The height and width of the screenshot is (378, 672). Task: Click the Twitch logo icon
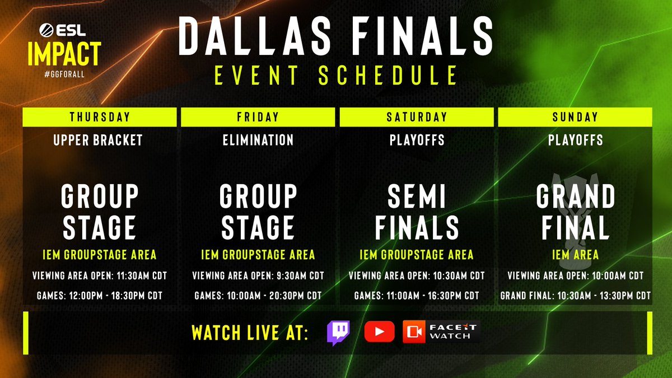pyautogui.click(x=338, y=332)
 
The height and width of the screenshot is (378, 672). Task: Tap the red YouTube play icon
pyautogui.click(x=379, y=332)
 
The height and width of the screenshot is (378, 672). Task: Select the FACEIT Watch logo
pyautogui.click(x=441, y=332)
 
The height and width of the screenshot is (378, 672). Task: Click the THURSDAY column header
pyautogui.click(x=100, y=117)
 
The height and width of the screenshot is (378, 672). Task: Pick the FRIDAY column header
pyautogui.click(x=258, y=117)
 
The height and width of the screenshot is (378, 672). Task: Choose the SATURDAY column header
pyautogui.click(x=417, y=117)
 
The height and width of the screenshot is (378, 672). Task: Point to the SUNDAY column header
pyautogui.click(x=575, y=117)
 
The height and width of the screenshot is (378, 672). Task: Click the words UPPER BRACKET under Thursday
pyautogui.click(x=98, y=140)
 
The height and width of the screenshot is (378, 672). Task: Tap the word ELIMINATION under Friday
pyautogui.click(x=258, y=140)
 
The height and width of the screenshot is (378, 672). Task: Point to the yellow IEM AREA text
pyautogui.click(x=575, y=255)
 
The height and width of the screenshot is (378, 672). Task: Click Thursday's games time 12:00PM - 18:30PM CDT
pyautogui.click(x=99, y=295)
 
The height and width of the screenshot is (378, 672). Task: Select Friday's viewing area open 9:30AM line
pyautogui.click(x=258, y=276)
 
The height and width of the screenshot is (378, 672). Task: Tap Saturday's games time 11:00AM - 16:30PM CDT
pyautogui.click(x=417, y=295)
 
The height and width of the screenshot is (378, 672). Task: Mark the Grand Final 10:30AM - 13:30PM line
pyautogui.click(x=575, y=295)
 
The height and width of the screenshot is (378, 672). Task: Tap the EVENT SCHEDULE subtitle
pyautogui.click(x=336, y=74)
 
